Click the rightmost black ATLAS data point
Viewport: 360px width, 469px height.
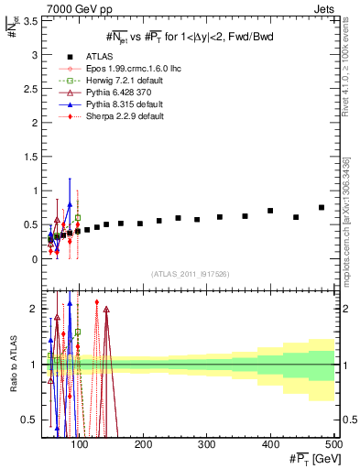[x=321, y=208]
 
